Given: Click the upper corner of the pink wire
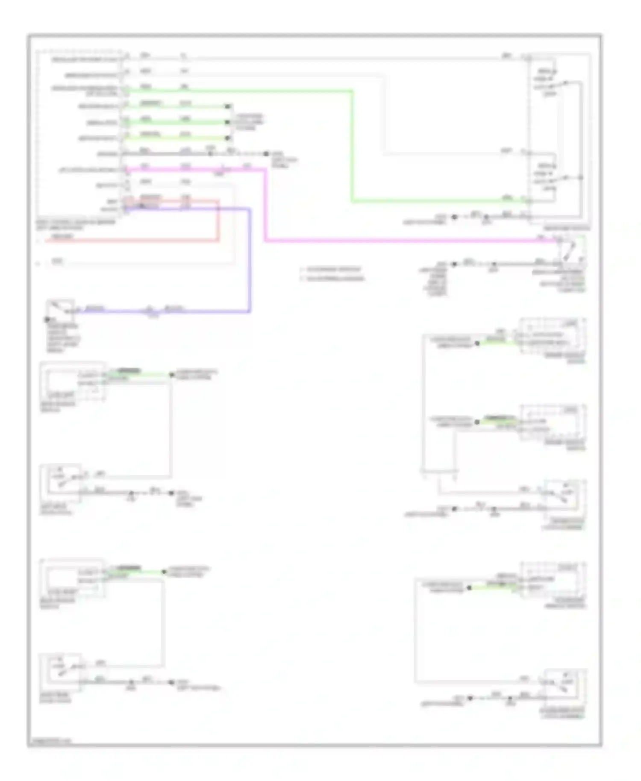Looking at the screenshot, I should (x=265, y=170).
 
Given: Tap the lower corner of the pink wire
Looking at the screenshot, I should (x=265, y=241).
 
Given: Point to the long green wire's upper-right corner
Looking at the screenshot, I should (x=352, y=91).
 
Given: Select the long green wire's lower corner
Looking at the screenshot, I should (x=352, y=201).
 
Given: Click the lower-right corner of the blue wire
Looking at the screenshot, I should (x=250, y=311).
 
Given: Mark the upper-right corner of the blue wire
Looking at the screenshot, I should (x=250, y=209).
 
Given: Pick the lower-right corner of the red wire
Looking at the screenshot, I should (x=219, y=241).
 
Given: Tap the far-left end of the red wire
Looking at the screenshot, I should (x=46, y=241).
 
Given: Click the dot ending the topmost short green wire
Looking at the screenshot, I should (x=228, y=106).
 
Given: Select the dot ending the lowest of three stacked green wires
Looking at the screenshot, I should (x=228, y=138).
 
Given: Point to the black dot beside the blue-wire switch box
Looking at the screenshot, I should (x=47, y=319).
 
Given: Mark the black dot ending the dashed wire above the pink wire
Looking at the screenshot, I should (x=266, y=154).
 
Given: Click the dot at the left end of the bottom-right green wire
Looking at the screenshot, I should (x=469, y=588).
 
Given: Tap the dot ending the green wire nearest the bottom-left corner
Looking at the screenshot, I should (x=164, y=572).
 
